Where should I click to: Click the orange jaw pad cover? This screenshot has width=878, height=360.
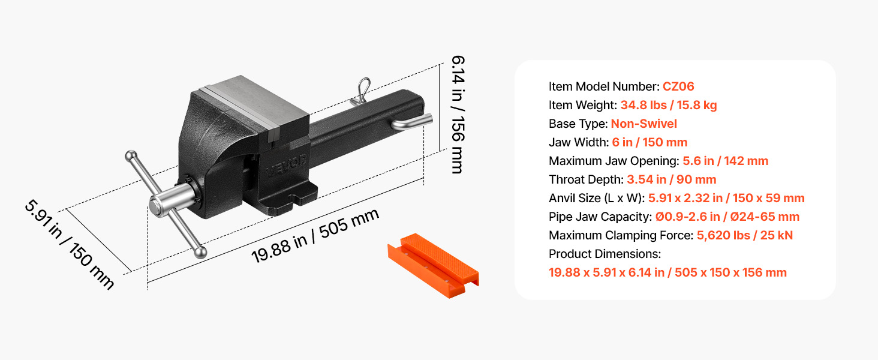(x=433, y=265)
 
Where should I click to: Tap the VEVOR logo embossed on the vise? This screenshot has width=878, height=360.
(x=286, y=166)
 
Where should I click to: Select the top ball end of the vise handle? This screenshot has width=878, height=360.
(x=131, y=156)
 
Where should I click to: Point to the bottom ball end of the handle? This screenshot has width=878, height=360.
(x=200, y=252)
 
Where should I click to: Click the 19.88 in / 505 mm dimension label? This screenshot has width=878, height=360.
(x=315, y=236)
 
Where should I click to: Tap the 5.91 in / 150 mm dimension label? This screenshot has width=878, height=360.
(x=70, y=245)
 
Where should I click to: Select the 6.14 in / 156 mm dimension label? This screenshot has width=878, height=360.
(x=458, y=114)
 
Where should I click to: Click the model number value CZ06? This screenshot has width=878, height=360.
(x=678, y=86)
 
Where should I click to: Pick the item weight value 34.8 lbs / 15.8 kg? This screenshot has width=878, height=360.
(x=669, y=105)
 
